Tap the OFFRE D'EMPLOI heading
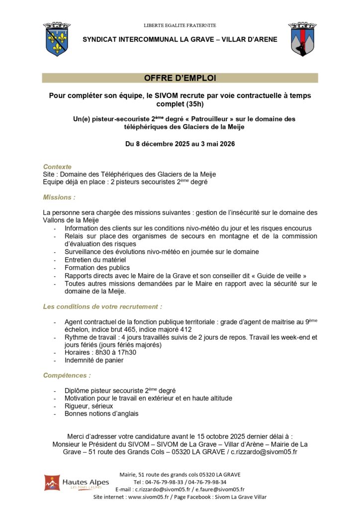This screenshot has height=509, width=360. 180,78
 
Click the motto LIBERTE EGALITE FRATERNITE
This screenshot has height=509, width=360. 180,25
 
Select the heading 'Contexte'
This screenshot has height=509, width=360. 57,167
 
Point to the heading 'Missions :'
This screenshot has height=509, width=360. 59,197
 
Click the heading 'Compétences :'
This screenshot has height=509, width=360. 67,375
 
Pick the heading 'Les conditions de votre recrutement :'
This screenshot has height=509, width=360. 102,307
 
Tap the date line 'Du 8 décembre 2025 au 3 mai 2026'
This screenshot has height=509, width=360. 180,144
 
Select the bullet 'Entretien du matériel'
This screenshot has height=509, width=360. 95,259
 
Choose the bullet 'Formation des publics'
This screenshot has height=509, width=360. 97,267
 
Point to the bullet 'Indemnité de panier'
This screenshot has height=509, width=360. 94,360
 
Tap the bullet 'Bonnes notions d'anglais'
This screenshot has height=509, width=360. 101,414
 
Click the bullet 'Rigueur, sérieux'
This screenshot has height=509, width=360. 89,406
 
